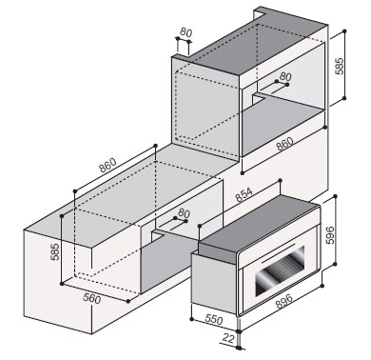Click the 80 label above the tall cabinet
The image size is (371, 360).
186,32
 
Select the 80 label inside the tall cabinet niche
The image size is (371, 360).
285,76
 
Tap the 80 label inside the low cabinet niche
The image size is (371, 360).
184,212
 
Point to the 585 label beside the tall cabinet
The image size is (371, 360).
340,66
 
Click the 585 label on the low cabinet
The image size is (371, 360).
55,251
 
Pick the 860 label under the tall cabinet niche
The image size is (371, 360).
284,144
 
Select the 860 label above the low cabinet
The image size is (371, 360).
107,165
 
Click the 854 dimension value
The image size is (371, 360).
244,195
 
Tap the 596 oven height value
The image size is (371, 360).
330,235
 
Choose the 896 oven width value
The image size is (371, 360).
283,301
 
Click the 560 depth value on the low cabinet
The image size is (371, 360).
91,299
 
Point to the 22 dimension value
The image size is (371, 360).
228,338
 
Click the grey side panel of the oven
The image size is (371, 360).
214,278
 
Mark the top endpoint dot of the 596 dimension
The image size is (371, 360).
337,196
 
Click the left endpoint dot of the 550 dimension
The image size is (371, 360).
191,319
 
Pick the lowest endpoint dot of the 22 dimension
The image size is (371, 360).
239,348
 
